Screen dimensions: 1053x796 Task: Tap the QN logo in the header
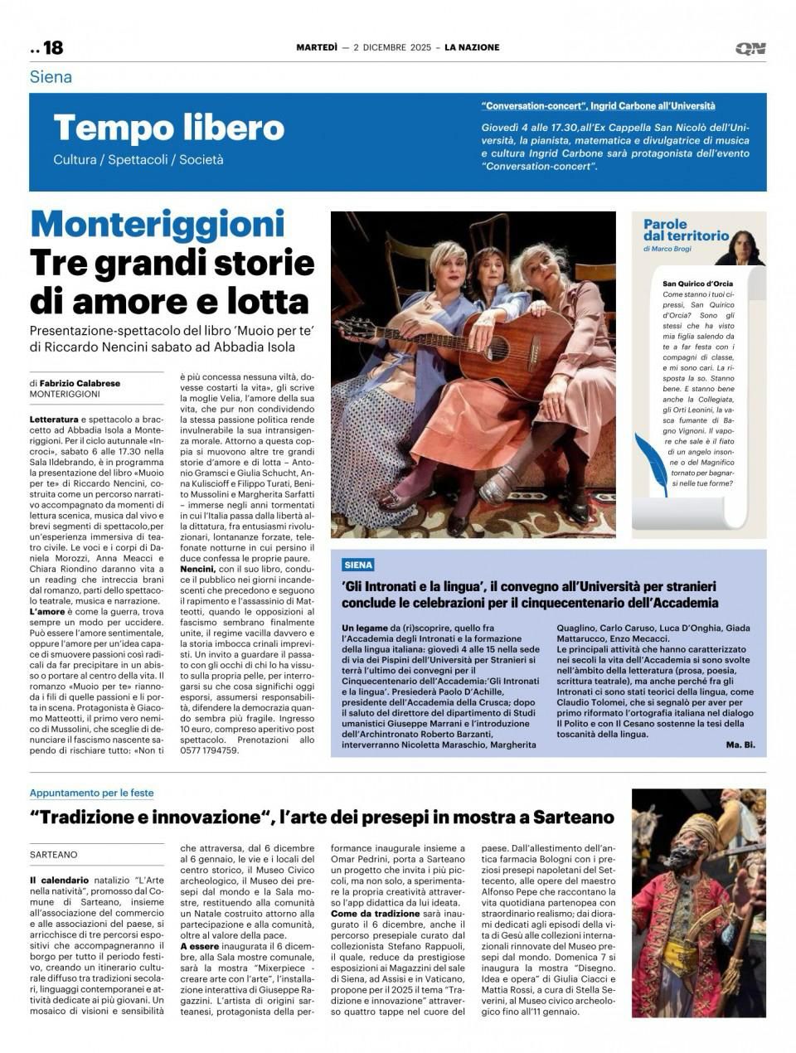[750, 49]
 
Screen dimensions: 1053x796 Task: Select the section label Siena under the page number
[51, 77]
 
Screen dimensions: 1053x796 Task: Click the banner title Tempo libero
[168, 128]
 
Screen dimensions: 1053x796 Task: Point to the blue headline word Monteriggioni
[158, 224]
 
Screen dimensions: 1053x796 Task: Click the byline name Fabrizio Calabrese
[86, 383]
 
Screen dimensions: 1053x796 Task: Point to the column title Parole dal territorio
[686, 230]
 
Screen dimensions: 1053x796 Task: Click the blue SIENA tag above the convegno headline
[358, 565]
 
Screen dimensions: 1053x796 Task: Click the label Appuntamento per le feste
[91, 793]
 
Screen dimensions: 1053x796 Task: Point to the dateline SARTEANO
[53, 854]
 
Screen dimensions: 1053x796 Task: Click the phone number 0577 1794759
[210, 750]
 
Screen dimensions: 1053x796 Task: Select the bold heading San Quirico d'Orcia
[697, 284]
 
